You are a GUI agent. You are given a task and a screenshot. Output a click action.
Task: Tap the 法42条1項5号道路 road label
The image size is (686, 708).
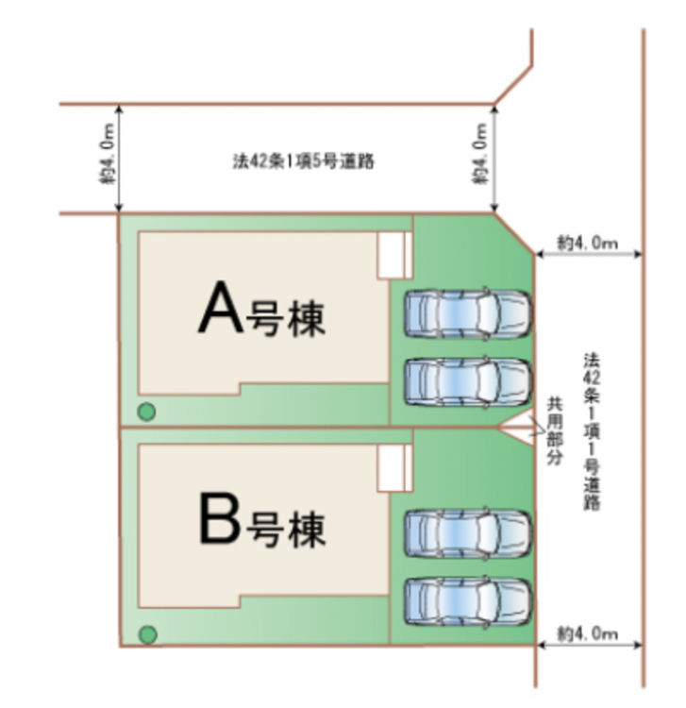304,160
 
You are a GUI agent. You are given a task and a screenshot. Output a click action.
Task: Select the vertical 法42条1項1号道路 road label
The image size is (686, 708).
593,430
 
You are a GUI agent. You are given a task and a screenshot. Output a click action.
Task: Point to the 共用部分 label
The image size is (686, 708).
555,430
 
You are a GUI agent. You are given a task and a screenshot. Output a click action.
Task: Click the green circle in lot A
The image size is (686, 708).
147,412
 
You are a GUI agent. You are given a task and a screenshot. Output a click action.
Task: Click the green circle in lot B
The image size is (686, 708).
147,634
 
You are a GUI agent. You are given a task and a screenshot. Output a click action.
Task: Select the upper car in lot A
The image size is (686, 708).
467,313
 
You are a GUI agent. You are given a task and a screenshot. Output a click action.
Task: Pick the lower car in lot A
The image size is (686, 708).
467,380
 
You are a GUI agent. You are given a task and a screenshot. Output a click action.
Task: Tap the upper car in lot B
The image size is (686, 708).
467,532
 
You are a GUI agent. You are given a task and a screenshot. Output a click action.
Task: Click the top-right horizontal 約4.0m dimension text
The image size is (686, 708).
587,243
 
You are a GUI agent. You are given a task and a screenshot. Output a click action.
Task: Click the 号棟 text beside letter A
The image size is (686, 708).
286,319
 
